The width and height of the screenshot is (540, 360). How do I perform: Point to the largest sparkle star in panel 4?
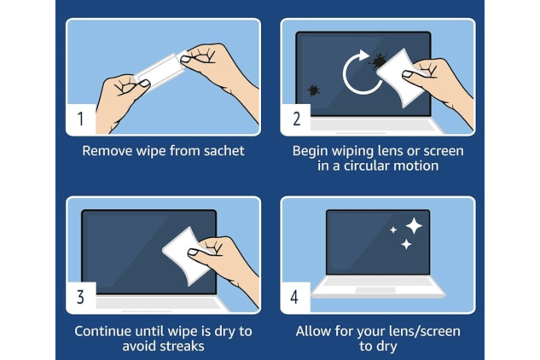(414, 225)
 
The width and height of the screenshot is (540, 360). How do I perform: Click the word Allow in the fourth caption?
(315, 330)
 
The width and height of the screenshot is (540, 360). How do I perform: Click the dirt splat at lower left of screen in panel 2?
(313, 89)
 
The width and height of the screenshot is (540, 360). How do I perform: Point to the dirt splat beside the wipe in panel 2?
(377, 60)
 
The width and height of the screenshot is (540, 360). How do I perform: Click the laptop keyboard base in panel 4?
(377, 288)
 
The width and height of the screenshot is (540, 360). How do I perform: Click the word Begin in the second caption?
(311, 150)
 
